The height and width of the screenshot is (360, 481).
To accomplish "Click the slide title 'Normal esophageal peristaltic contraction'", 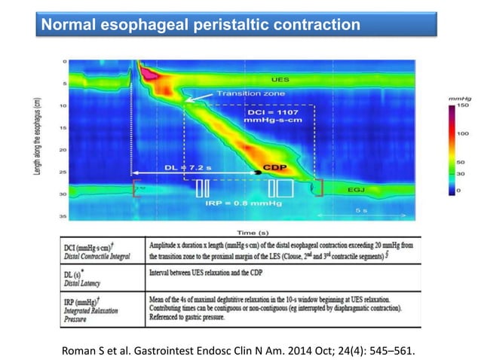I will [200, 25].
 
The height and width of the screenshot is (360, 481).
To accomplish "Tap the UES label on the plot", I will [279, 78].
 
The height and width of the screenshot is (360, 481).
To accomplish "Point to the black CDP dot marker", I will [259, 172].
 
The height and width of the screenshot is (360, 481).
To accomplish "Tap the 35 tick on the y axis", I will [65, 215].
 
